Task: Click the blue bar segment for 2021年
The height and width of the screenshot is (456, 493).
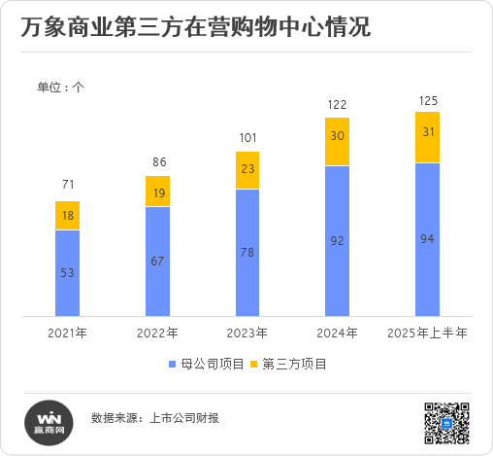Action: [67, 273]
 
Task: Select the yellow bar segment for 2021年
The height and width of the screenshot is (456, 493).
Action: [67, 216]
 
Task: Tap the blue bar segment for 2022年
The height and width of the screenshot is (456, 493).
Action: [157, 262]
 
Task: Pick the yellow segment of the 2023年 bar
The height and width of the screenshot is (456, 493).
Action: [247, 169]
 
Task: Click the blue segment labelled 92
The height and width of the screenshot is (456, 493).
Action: [337, 240]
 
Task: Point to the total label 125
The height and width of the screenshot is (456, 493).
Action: [427, 100]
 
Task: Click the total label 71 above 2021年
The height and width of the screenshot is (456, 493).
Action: [67, 185]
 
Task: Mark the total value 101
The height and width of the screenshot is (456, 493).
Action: [247, 137]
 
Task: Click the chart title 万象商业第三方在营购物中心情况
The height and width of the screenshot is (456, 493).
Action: [194, 27]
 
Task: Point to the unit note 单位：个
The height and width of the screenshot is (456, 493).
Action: [61, 88]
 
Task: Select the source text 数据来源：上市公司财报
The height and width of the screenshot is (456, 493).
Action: [154, 418]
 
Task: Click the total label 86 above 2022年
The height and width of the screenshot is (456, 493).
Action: [157, 161]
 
